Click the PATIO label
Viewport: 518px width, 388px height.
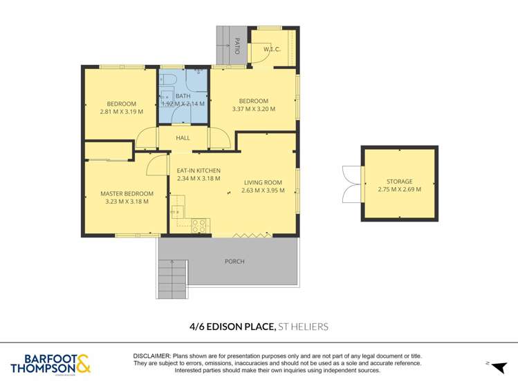[x=237, y=46]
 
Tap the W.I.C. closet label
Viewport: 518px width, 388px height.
[x=270, y=49]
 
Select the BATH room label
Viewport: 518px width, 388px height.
[x=183, y=96]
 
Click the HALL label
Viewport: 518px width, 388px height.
[x=183, y=138]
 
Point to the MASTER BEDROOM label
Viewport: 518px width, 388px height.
[x=127, y=194]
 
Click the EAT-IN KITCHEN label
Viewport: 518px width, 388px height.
[x=198, y=171]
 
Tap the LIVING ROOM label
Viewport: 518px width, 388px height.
[x=263, y=182]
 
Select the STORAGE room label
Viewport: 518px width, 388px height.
[x=400, y=181]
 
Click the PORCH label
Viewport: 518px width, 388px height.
[x=234, y=262]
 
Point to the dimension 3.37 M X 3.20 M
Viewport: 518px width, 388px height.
[x=253, y=109]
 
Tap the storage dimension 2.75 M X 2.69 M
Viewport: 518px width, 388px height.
[x=400, y=189]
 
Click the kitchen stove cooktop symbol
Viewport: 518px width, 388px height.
[x=200, y=225]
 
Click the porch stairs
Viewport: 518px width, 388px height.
[x=172, y=279]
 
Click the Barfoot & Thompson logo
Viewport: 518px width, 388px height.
[x=49, y=364]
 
